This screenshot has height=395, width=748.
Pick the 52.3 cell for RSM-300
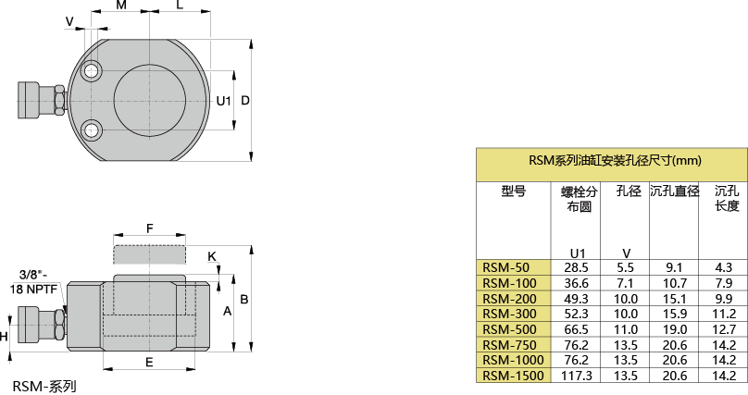577,314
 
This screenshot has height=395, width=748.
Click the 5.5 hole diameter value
627,267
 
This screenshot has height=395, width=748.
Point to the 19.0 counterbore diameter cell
674,329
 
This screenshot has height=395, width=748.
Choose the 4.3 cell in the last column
724,267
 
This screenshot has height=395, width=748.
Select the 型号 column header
513,191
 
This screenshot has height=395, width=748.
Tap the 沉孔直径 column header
674,191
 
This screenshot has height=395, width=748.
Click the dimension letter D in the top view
245,100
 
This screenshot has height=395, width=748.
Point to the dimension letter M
121,6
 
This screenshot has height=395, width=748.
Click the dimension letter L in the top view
180,6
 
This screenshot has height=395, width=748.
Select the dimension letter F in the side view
149,228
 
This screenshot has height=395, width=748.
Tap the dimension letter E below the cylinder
149,363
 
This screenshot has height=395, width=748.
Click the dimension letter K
212,256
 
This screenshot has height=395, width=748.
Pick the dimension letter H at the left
5,337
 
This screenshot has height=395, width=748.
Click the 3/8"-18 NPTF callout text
35,281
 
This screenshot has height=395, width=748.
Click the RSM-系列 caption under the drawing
44,385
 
